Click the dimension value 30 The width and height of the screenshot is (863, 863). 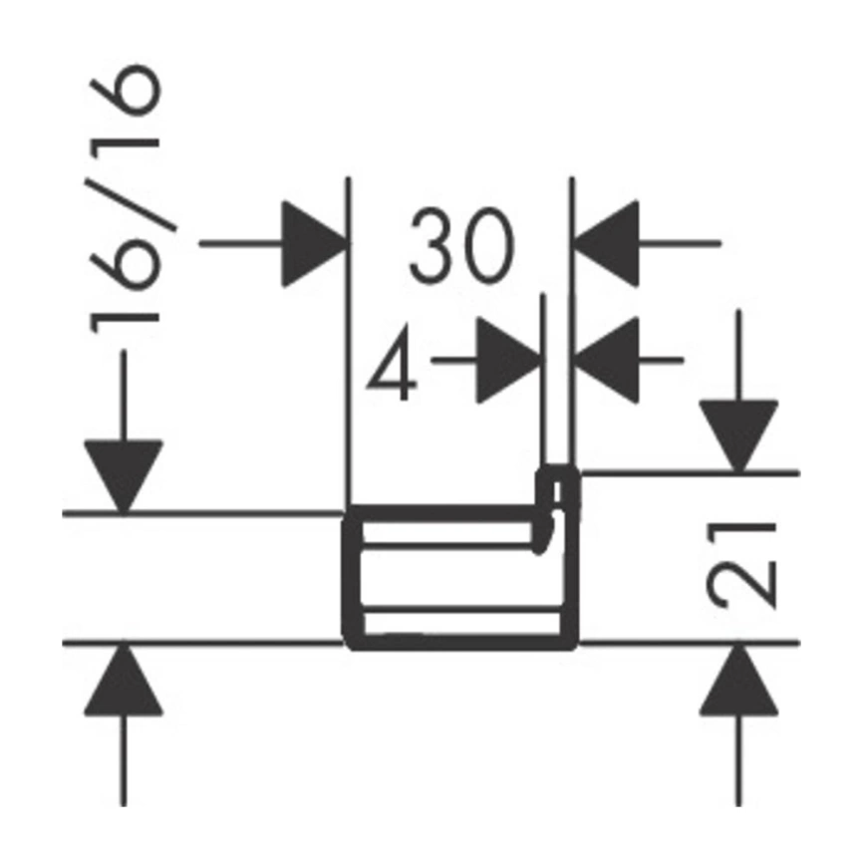(x=461, y=245)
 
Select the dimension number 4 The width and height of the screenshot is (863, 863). (x=392, y=363)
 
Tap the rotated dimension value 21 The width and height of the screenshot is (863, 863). (x=740, y=566)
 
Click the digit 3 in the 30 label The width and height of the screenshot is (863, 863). (x=433, y=245)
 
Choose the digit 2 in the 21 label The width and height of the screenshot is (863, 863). (x=740, y=586)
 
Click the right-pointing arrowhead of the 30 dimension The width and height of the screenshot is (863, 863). (x=315, y=244)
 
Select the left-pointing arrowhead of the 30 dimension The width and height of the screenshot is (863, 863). (x=606, y=244)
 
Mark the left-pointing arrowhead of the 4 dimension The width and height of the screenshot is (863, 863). (x=606, y=361)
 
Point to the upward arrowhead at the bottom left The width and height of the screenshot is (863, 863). (x=124, y=680)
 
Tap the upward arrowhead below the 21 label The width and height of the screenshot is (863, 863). (x=738, y=680)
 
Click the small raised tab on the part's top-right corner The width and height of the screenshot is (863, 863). (x=558, y=491)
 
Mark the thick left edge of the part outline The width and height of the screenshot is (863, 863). (x=352, y=577)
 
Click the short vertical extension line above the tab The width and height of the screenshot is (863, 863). (x=543, y=379)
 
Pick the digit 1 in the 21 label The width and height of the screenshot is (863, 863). (x=740, y=537)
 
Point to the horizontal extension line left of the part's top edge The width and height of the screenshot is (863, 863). (x=202, y=514)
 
